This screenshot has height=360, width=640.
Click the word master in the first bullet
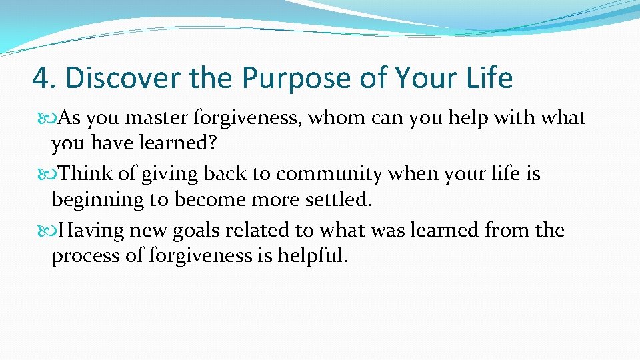(x=158, y=119)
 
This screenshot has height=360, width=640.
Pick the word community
(x=329, y=175)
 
